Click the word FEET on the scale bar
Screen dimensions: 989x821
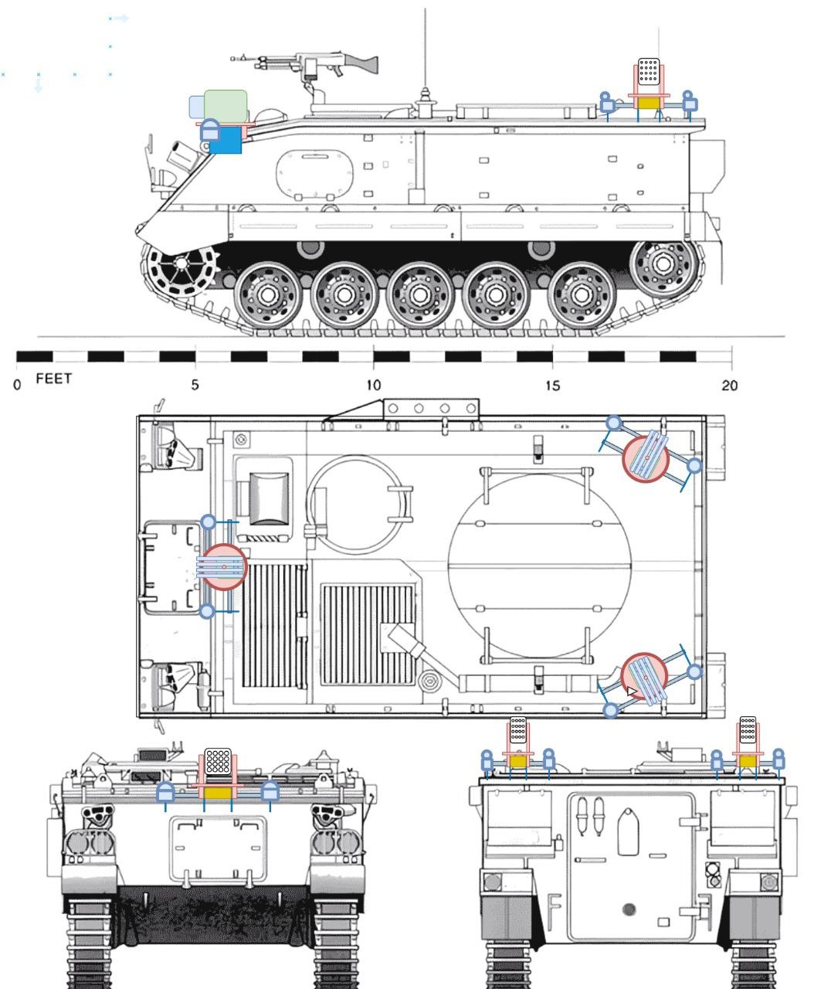point(53,379)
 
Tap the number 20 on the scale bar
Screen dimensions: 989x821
point(730,385)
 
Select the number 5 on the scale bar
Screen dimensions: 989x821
point(195,385)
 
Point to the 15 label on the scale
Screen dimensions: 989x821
point(552,385)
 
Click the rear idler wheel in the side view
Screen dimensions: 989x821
point(663,263)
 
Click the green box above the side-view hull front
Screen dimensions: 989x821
point(226,104)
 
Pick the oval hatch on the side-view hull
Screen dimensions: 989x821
point(315,172)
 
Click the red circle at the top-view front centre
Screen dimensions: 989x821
point(224,567)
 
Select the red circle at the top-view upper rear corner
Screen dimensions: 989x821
point(646,458)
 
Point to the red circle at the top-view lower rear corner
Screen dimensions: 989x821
point(644,677)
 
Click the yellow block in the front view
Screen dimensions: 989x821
point(218,793)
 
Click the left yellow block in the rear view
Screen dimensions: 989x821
point(517,761)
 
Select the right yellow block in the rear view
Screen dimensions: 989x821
point(748,761)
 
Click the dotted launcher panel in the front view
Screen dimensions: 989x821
point(218,762)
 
